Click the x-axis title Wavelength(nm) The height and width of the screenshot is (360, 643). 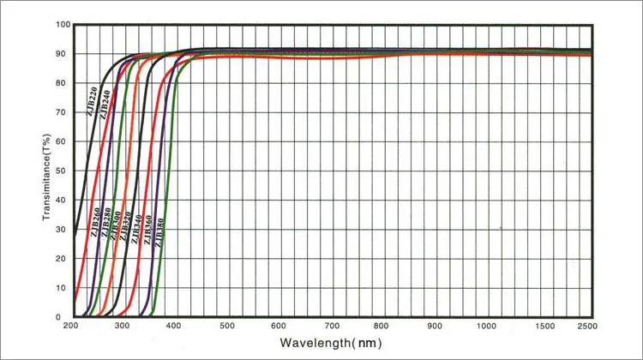point(329,343)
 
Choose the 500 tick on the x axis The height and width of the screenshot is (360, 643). point(226,326)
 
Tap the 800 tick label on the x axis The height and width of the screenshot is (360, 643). point(382,326)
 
